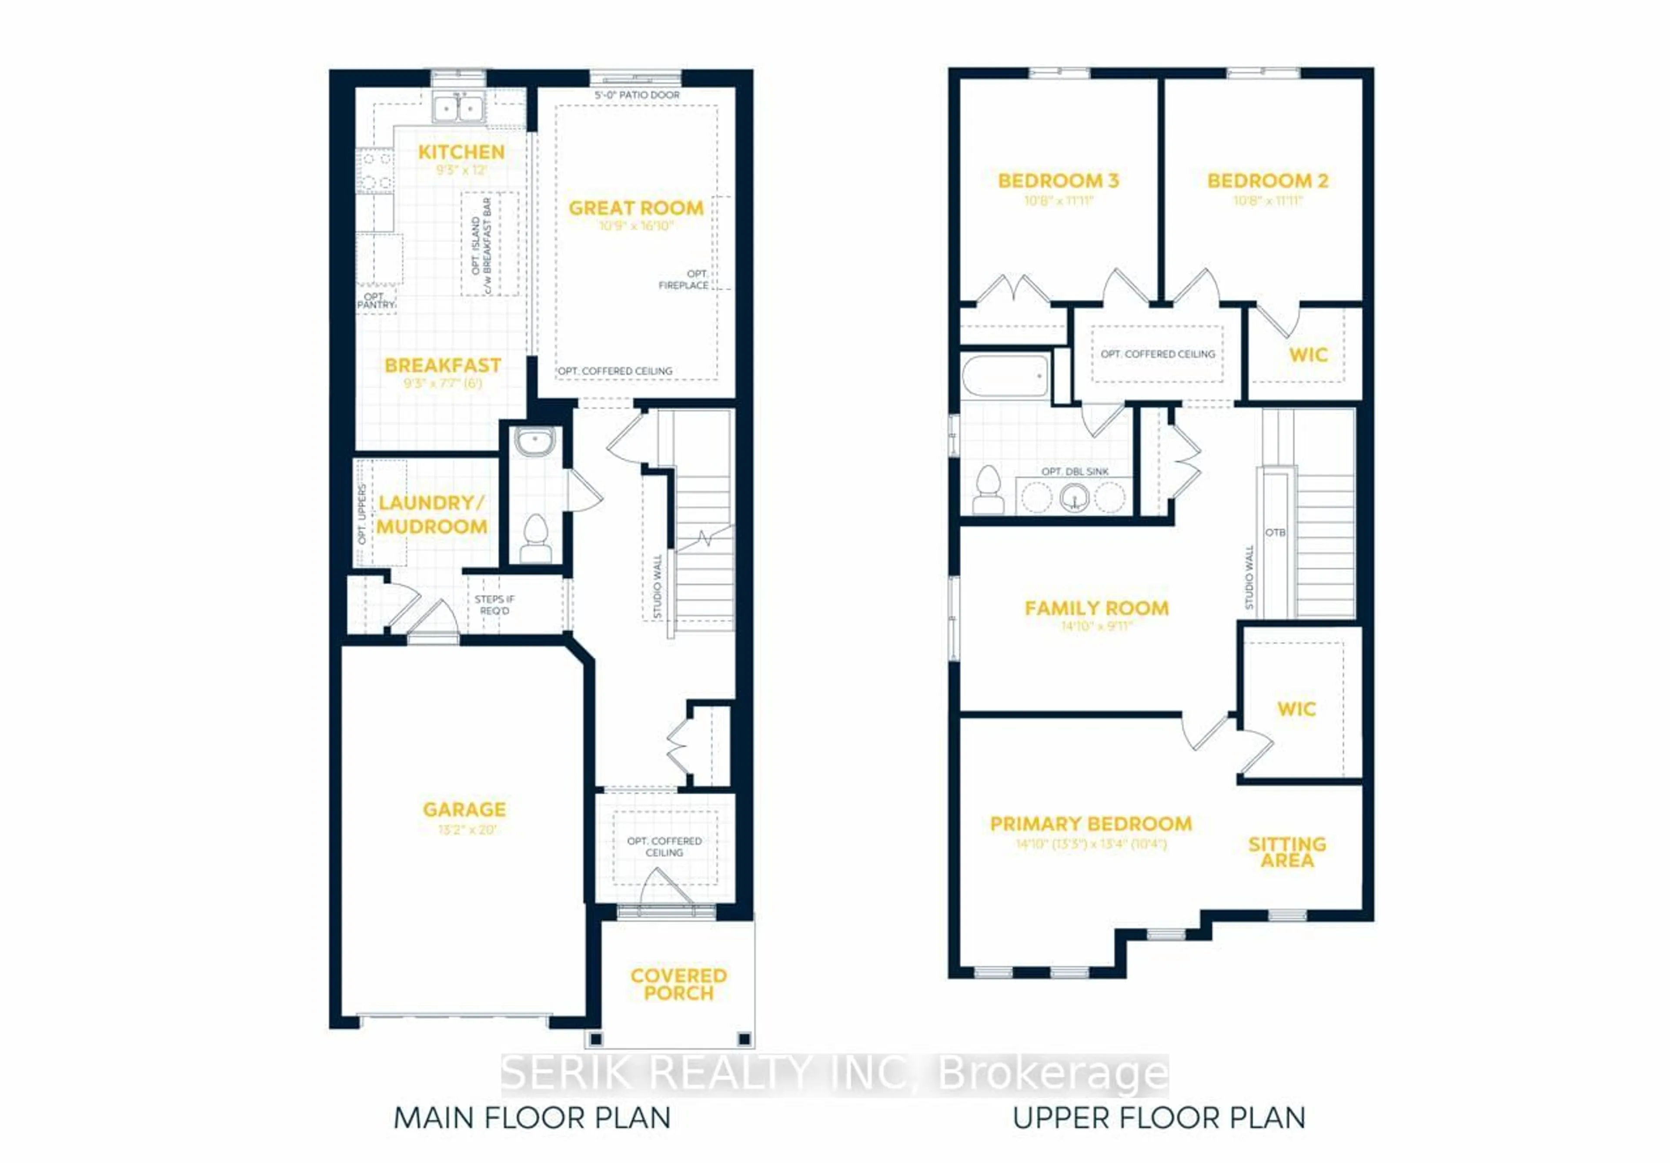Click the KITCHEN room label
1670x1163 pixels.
coord(461,152)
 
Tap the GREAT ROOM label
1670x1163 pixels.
coord(636,208)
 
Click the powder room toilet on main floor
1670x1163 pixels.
coord(536,539)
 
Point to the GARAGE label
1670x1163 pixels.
coord(464,809)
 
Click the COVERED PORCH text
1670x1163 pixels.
coord(678,984)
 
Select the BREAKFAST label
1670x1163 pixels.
coord(442,365)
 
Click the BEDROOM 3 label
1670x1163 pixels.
coord(1058,181)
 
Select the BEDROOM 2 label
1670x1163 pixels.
coord(1268,181)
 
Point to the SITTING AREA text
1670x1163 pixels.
coord(1287,852)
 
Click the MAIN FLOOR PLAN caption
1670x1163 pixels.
coord(532,1118)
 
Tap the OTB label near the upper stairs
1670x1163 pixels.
coord(1275,533)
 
